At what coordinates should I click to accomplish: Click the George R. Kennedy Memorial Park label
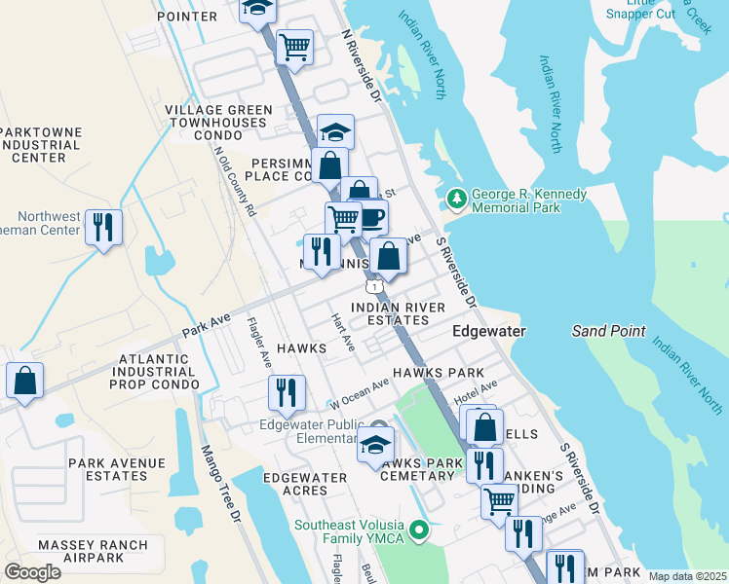tap(529, 201)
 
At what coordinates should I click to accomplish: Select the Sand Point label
tap(608, 331)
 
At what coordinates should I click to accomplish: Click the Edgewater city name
tap(489, 331)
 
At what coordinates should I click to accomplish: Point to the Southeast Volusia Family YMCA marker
tap(419, 530)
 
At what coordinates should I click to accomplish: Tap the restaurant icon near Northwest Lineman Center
tap(102, 228)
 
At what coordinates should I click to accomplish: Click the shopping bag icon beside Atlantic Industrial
tap(24, 381)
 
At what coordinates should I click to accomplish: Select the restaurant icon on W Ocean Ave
tap(286, 392)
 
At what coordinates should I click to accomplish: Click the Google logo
tap(32, 571)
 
